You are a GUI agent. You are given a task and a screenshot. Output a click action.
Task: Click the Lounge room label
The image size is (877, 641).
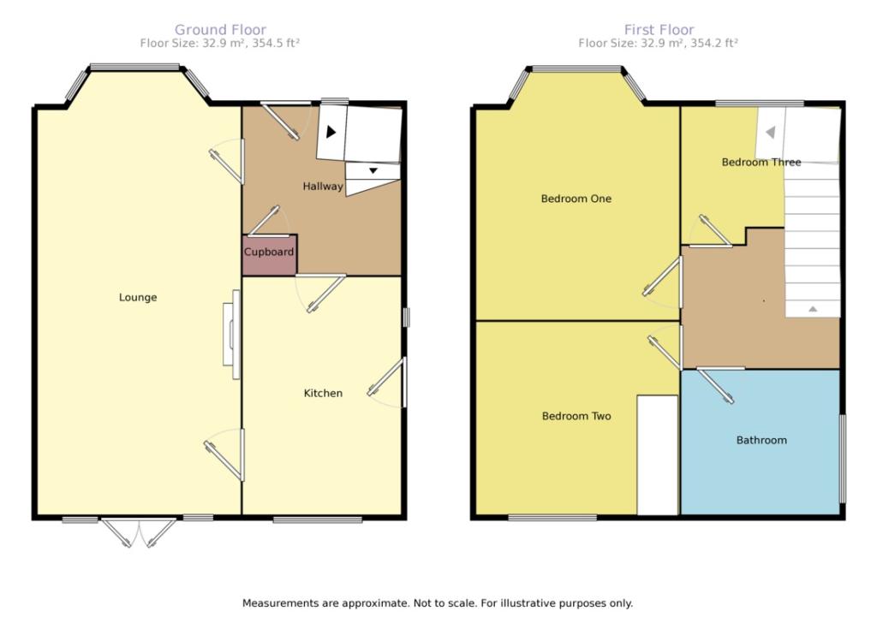point(138,297)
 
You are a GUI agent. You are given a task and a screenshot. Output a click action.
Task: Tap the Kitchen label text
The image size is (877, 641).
point(323,393)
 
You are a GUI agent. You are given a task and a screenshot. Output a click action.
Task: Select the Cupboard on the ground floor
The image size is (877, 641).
point(269,255)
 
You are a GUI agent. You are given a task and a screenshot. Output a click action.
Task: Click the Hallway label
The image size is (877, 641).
point(323,186)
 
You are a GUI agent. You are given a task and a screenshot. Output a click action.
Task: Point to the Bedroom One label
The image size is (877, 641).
point(576,199)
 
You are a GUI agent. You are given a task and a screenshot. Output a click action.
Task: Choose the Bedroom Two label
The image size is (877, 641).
point(576,416)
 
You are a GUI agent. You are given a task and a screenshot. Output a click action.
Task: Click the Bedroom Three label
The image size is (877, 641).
point(761,162)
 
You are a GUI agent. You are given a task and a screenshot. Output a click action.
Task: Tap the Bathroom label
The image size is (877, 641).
point(761,440)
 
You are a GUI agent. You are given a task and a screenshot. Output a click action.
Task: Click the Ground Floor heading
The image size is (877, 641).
point(220,30)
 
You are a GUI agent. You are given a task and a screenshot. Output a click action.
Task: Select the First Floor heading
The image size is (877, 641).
point(659,30)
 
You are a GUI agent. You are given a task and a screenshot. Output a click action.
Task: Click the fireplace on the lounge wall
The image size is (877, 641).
point(231,334)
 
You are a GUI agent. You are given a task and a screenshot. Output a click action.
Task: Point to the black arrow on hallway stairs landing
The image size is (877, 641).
point(331,132)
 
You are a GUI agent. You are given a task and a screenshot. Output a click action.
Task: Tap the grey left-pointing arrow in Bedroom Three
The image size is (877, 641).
point(770,133)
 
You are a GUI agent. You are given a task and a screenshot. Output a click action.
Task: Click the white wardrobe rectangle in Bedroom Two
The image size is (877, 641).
point(658,455)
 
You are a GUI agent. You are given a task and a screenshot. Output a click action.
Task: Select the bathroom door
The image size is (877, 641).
point(715,384)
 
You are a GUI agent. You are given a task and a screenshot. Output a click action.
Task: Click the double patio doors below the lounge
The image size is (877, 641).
point(138,532)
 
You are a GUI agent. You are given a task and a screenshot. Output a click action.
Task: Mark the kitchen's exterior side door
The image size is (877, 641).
point(387,383)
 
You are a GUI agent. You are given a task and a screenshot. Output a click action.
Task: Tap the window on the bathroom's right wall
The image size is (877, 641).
point(843,458)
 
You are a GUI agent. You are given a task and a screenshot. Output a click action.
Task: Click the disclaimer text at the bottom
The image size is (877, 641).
point(438,603)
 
